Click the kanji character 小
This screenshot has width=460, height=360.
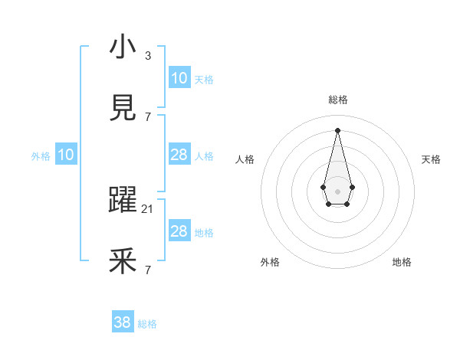(x=123, y=47)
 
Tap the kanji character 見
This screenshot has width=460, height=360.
(x=123, y=109)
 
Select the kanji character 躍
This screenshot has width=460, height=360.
(x=123, y=201)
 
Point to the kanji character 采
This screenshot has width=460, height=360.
(x=123, y=262)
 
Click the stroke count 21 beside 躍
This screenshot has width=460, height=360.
(x=148, y=208)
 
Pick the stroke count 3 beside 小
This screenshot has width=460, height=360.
(x=148, y=55)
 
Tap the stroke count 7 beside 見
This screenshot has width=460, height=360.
(x=148, y=116)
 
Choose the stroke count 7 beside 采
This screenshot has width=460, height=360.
(x=148, y=270)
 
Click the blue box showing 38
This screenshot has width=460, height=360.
(x=123, y=322)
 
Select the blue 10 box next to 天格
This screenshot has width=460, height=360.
(x=179, y=78)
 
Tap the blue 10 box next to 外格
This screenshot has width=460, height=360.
(x=66, y=155)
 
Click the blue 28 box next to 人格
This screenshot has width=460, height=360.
(x=179, y=155)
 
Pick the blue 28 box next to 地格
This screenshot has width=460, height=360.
(x=179, y=231)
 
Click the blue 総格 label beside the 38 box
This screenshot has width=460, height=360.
(x=147, y=324)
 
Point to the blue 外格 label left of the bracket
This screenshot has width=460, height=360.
(x=41, y=155)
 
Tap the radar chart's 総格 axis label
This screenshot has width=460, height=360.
(x=337, y=100)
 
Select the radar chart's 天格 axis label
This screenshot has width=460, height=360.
(x=432, y=159)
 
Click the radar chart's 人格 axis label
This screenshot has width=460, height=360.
(x=245, y=159)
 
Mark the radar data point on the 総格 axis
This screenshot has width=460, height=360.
(x=337, y=129)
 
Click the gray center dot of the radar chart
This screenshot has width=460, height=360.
(x=337, y=190)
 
